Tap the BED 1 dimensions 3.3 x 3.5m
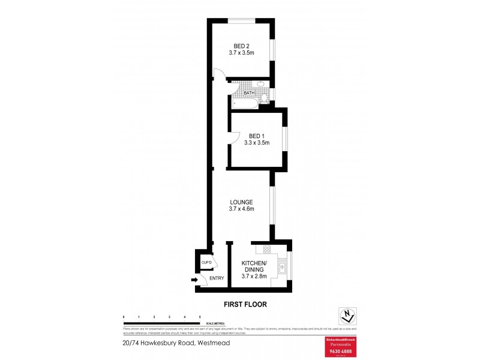point(257,143)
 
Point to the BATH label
point(249,93)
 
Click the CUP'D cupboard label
point(206,263)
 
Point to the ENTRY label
point(217,278)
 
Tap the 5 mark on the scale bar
point(200,316)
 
